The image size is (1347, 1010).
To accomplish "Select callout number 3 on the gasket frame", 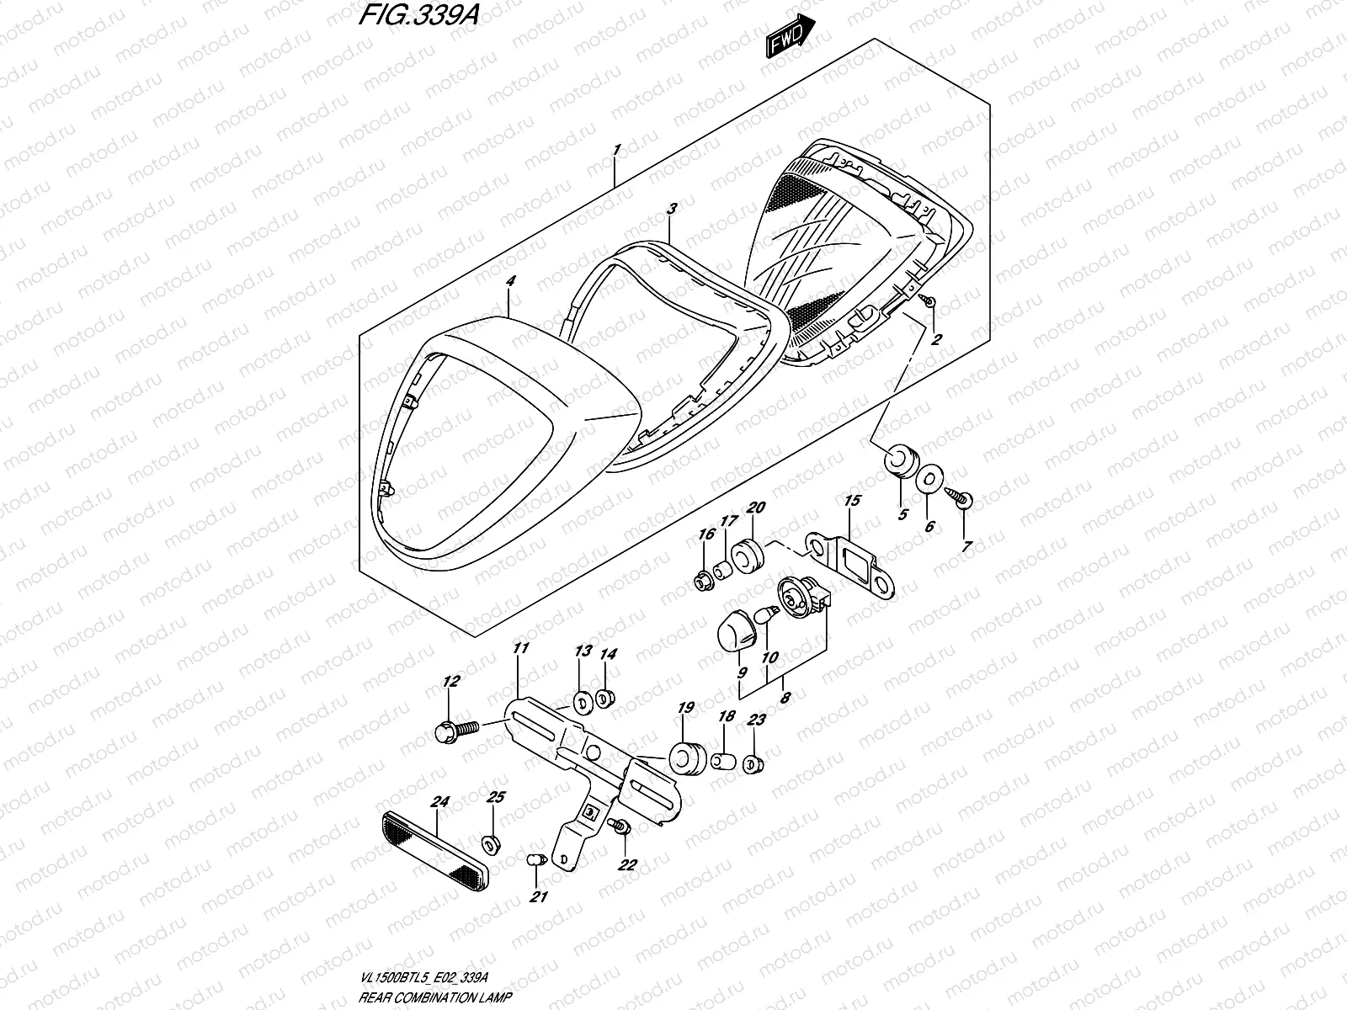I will (x=671, y=208).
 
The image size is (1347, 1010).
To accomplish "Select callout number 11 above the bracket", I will (x=520, y=648).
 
